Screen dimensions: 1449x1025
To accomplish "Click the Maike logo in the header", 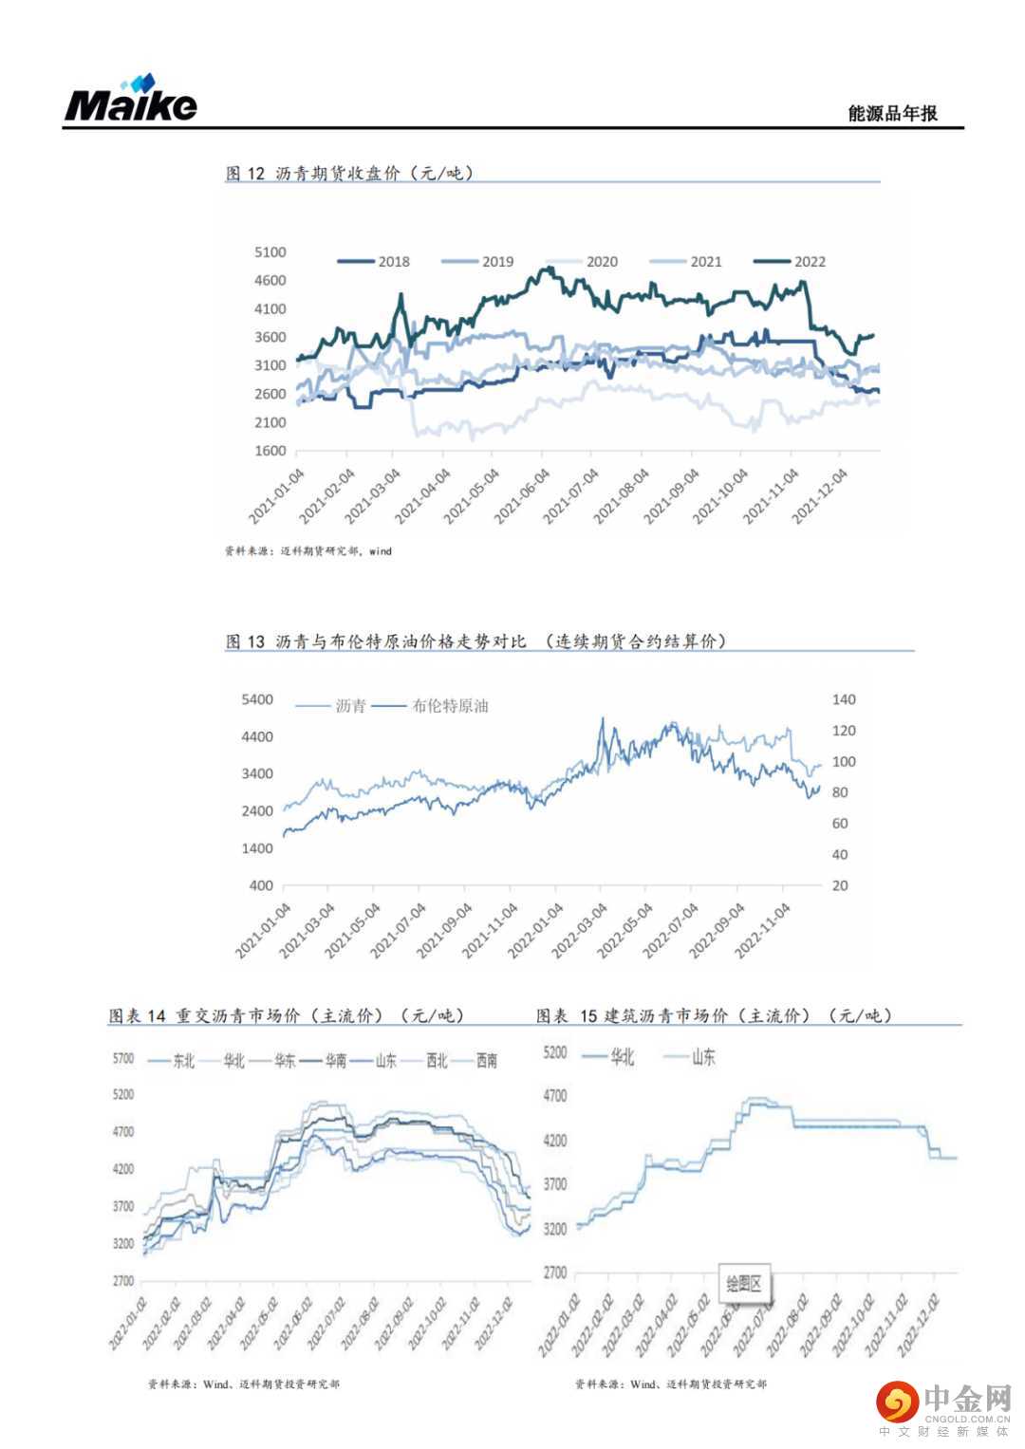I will pyautogui.click(x=131, y=99).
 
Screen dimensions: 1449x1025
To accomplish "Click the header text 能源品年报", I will pyautogui.click(x=892, y=113).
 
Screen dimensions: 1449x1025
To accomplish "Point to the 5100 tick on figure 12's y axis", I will pyautogui.click(x=270, y=252).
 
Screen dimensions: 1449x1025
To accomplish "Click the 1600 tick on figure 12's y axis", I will pyautogui.click(x=270, y=451).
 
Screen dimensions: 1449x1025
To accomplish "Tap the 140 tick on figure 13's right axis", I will pyautogui.click(x=844, y=699).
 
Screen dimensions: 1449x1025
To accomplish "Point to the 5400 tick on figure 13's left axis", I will pyautogui.click(x=257, y=699).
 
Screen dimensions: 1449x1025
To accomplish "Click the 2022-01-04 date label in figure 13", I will pyautogui.click(x=536, y=930).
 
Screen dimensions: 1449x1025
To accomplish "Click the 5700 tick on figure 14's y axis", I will pyautogui.click(x=123, y=1058).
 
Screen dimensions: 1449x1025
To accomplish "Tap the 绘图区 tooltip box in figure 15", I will pyautogui.click(x=744, y=1284).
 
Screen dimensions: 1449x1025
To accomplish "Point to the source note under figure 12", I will pyautogui.click(x=307, y=550).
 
